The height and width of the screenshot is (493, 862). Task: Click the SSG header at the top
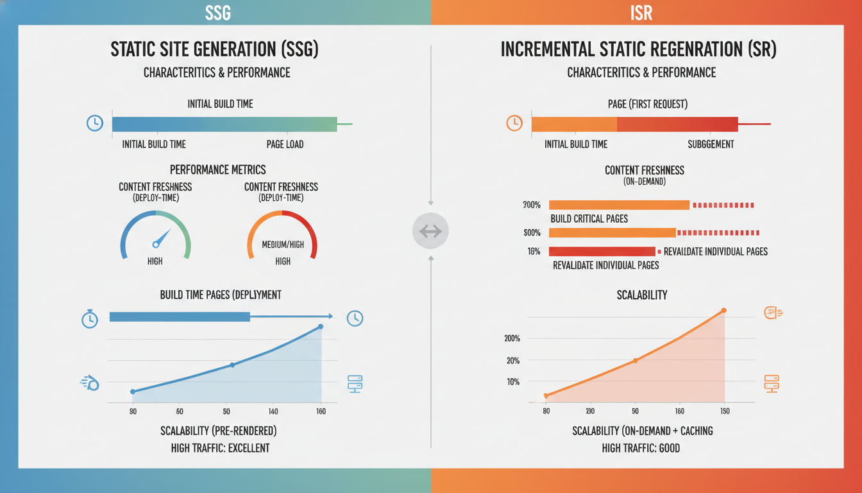218,12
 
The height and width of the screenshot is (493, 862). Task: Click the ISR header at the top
641,12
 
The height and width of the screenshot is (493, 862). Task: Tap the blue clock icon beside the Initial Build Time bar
95,124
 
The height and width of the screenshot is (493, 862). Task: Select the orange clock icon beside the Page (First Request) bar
514,123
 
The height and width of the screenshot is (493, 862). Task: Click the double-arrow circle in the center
430,231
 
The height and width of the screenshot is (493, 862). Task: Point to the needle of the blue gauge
161,238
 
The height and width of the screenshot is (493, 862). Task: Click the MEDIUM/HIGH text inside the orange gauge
283,245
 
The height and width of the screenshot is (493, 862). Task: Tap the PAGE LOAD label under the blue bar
285,144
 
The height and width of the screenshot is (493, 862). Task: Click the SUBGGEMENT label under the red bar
711,144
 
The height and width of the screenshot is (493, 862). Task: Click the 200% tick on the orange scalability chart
512,338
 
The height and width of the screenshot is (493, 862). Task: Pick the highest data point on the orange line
723,311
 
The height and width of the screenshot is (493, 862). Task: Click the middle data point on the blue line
232,365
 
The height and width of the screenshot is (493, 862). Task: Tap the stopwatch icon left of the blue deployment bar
90,318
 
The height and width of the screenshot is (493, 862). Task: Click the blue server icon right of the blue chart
355,384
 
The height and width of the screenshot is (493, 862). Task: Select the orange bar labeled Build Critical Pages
619,205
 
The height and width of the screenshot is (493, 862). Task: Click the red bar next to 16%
602,252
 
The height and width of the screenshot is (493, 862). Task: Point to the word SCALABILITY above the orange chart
642,295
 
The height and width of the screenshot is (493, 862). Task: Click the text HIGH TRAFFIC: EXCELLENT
220,448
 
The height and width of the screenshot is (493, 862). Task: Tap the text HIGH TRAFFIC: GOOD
641,448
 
